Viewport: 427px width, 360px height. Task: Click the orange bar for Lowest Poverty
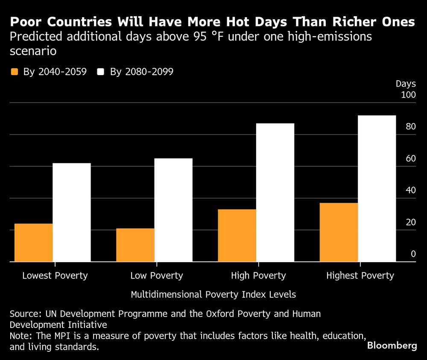(33, 243)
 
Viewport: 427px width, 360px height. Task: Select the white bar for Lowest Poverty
(72, 212)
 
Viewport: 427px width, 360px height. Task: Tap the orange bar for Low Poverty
(135, 245)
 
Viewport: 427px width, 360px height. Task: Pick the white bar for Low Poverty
(173, 210)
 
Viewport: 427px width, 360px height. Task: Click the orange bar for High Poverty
(237, 235)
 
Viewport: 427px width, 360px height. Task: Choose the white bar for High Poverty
(275, 193)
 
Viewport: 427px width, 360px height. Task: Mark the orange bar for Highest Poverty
(339, 232)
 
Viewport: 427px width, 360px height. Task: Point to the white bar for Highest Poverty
(377, 188)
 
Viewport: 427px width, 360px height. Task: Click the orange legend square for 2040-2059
(15, 72)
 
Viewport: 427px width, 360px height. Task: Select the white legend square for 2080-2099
(101, 72)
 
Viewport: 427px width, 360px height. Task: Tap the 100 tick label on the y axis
(408, 95)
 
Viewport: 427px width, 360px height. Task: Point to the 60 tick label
(410, 158)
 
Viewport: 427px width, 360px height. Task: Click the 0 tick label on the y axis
(413, 254)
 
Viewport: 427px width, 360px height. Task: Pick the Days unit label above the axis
(406, 84)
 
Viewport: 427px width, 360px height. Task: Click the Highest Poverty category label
(360, 275)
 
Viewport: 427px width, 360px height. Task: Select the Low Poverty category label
(157, 275)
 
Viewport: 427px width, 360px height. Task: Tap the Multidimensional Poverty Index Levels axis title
(213, 295)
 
